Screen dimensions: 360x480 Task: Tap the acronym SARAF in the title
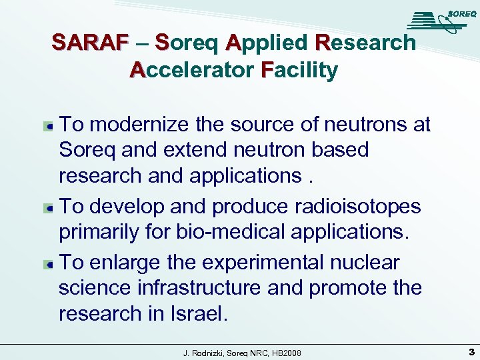pos(90,43)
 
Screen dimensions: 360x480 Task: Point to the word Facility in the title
pos(300,69)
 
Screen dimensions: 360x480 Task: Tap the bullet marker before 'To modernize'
pos(49,125)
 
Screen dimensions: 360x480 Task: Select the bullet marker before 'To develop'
pos(49,207)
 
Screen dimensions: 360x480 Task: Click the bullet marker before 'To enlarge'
pos(49,263)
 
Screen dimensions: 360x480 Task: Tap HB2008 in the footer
pos(287,351)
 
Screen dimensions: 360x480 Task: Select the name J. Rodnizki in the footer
pos(204,351)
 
